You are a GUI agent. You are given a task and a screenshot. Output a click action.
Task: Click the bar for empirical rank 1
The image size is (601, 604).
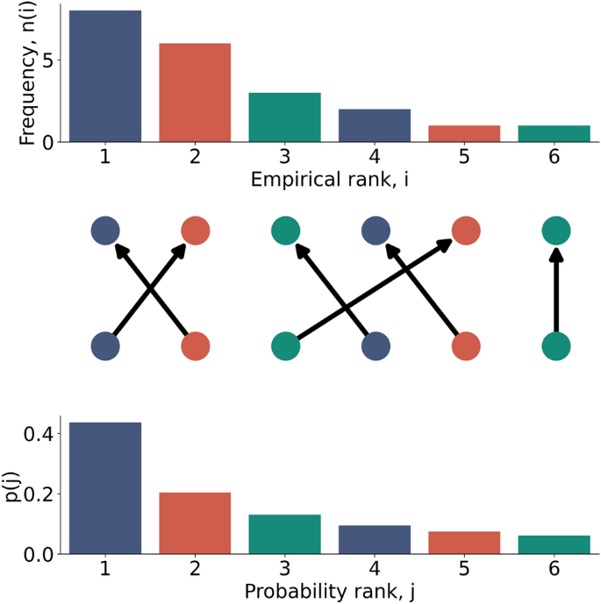pos(104,75)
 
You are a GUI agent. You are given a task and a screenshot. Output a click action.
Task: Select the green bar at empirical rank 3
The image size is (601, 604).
pos(284,117)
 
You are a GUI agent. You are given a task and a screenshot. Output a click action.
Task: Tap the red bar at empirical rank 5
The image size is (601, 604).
pos(464,133)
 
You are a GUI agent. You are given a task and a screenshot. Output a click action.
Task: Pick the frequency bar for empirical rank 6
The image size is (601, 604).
pos(554,133)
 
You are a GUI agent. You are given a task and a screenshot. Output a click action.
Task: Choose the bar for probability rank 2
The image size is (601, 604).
pos(195,523)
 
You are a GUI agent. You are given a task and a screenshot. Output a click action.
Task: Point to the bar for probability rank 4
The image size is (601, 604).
pos(375,539)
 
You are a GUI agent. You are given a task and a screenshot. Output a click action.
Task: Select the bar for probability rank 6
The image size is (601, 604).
pos(554,544)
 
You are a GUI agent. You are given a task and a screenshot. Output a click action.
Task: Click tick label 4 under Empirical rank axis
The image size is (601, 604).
pos(375,158)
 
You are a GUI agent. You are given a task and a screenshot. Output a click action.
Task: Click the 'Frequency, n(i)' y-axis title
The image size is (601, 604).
pos(28,75)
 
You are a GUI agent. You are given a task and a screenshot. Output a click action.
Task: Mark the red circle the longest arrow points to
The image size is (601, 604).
pos(465,231)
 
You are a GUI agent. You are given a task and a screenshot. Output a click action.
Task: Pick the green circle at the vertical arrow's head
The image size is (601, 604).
pos(555,231)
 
